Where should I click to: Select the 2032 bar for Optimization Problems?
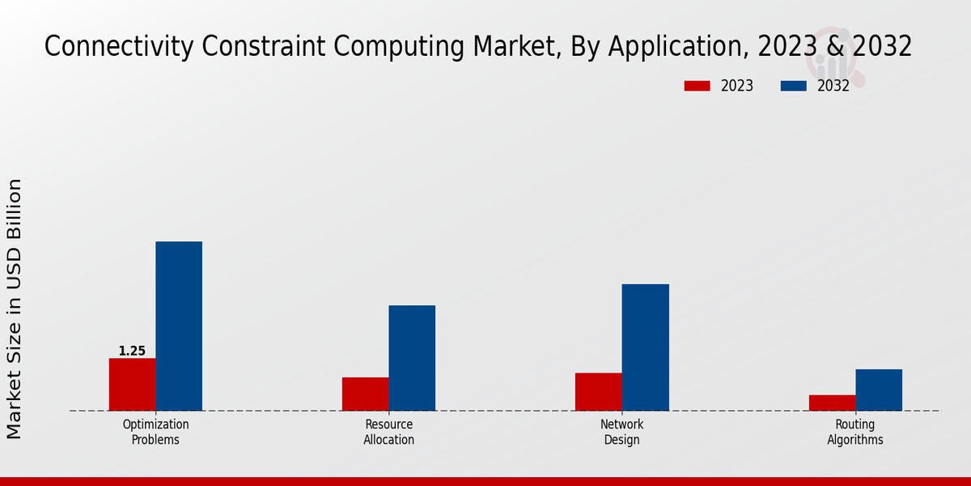pos(179,326)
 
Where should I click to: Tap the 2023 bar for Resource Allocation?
pos(365,394)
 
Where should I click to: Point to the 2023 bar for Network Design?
pos(599,391)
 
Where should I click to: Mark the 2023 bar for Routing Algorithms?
pos(832,403)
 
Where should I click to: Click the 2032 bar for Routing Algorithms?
pos(879,390)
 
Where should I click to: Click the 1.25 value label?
pos(132,352)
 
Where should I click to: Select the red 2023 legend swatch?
pos(697,86)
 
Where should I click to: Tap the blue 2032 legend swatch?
pos(793,86)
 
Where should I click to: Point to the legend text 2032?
pos(833,86)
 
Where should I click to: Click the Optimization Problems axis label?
pos(156,432)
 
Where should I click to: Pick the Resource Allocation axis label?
pos(389,432)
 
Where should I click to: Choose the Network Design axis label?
pos(622,432)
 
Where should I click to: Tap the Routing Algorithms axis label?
pos(855,432)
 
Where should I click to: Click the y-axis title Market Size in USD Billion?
pos(15,309)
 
